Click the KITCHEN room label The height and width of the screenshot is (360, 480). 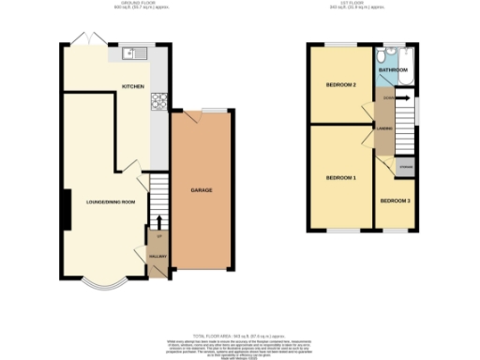tap(131, 86)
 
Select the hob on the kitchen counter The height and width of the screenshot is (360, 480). tap(160, 101)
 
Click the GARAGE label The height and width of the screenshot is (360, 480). tap(202, 190)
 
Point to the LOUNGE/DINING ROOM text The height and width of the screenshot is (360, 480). tap(111, 202)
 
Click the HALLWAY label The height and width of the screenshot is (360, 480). tap(157, 255)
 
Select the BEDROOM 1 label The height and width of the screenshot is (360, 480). tap(340, 177)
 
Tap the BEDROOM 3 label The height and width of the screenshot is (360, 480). tap(395, 201)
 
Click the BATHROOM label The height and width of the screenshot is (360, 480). tap(392, 70)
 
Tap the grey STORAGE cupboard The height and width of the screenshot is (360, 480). tap(405, 167)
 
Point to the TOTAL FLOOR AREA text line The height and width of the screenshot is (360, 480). tap(239, 335)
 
